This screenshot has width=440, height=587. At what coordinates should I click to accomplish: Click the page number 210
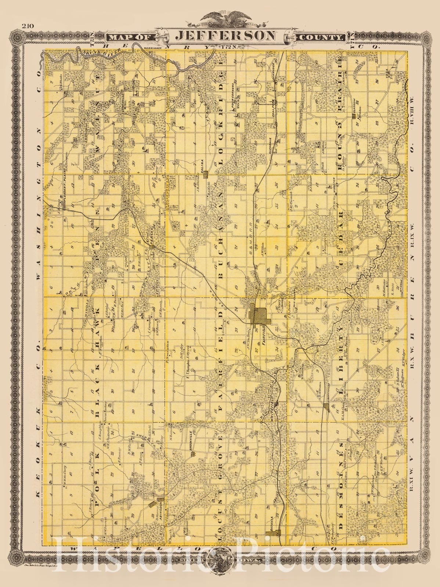[x=28, y=26]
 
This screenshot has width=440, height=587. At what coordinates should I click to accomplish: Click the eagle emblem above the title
[x=220, y=17]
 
